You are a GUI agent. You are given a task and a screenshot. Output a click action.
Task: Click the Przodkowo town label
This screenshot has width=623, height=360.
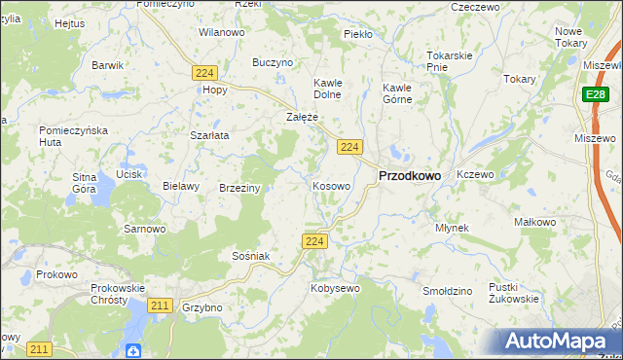(408, 175)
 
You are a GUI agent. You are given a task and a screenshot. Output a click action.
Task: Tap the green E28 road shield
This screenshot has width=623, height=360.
(597, 94)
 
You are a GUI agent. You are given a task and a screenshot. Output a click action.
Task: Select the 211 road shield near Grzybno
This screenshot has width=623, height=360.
(161, 306)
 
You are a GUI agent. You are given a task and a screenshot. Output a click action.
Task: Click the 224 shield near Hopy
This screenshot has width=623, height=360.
(203, 73)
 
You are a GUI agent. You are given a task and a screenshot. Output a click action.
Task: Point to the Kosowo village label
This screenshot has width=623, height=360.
(331, 185)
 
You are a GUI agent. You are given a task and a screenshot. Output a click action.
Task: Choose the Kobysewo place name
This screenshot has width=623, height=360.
(335, 288)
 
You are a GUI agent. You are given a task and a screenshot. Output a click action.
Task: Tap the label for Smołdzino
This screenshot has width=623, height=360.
(448, 291)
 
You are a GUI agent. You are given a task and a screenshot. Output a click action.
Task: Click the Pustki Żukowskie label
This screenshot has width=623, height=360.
(514, 293)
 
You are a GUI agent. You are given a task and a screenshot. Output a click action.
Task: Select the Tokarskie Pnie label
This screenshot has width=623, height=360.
(450, 60)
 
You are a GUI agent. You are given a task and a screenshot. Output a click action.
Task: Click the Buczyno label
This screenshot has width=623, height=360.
(273, 62)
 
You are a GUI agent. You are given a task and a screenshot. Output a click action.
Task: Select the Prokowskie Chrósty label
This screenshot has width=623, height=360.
(117, 294)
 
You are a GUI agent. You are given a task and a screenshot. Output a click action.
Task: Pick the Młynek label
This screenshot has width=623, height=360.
(452, 228)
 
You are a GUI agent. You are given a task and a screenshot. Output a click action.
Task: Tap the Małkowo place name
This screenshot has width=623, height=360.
(534, 222)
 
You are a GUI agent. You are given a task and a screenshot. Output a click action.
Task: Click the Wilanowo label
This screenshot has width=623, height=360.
(221, 32)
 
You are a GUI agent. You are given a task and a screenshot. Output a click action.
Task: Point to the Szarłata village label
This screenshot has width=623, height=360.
(209, 135)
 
